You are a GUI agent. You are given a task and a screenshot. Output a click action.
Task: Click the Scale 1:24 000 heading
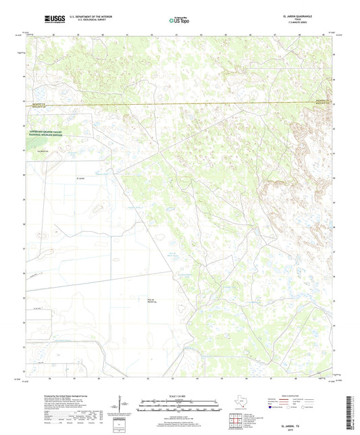pos(179,396)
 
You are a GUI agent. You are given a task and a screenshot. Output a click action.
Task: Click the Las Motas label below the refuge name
pos(45,151)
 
